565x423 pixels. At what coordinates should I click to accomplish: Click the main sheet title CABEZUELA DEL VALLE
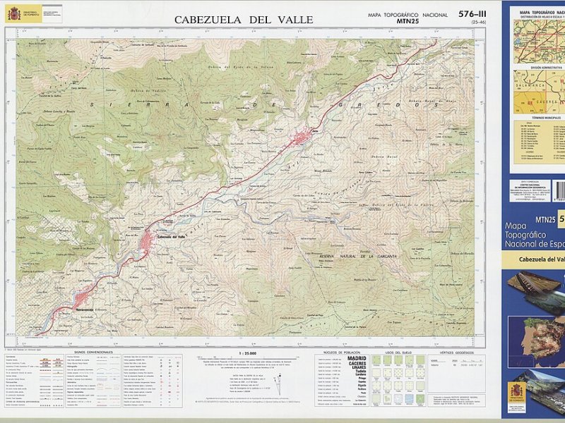(x=243, y=20)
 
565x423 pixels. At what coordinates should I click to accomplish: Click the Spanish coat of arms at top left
(x=13, y=13)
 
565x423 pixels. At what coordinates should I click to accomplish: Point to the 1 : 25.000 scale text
(x=247, y=352)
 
